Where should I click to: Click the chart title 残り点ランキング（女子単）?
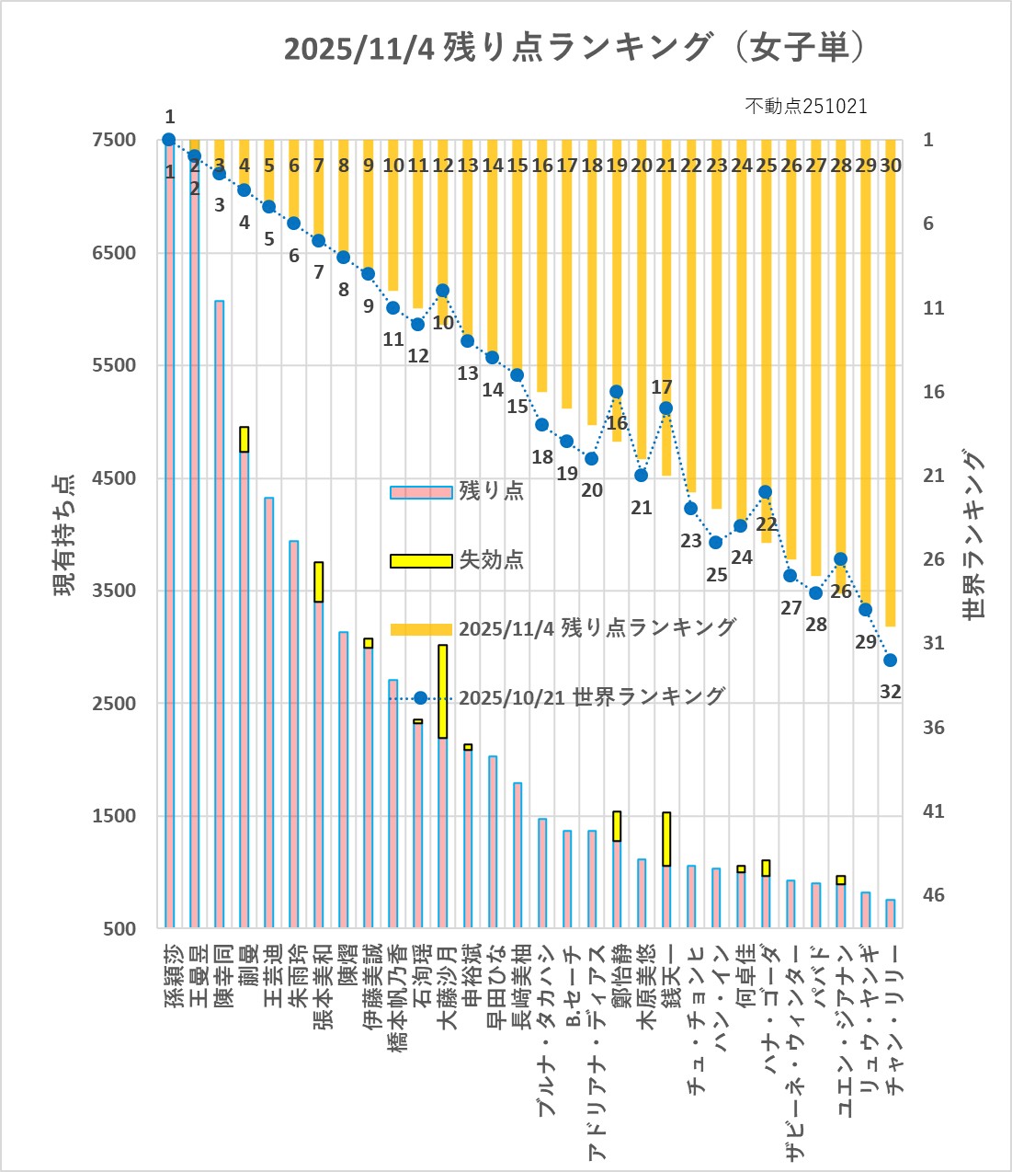[x=574, y=47]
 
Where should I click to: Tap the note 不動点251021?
[x=805, y=106]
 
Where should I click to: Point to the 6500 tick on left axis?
[x=114, y=253]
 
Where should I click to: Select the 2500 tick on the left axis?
[x=114, y=703]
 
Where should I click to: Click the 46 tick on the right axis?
[x=933, y=895]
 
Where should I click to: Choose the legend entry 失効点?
[x=491, y=559]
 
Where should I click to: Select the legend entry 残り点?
[x=491, y=490]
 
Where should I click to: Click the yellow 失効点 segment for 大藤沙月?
[x=443, y=691]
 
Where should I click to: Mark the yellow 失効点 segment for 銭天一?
[x=666, y=839]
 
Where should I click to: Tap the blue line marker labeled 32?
[x=890, y=661]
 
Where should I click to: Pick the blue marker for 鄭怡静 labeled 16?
[x=617, y=392]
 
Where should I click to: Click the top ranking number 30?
[x=890, y=166]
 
